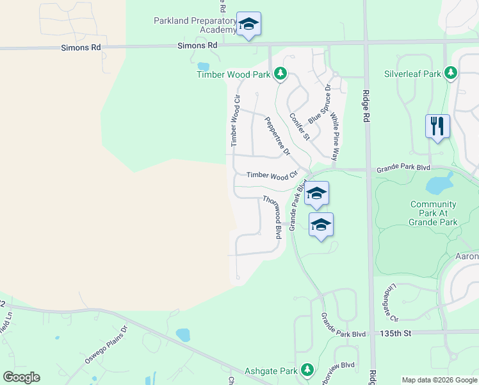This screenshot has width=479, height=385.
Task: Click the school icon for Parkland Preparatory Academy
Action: [248, 24]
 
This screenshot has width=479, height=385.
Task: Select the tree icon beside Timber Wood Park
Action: [280, 74]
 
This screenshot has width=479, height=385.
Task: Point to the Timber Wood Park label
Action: [233, 74]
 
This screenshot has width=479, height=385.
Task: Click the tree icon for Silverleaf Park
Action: [451, 73]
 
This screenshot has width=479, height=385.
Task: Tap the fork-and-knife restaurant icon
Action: [437, 125]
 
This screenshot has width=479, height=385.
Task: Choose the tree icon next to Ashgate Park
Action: [307, 370]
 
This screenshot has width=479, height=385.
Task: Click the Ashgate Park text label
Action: [271, 371]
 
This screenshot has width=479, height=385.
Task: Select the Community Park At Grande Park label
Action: [434, 213]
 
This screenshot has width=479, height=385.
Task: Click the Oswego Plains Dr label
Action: [107, 345]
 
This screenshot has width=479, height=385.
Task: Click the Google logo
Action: [22, 377]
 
